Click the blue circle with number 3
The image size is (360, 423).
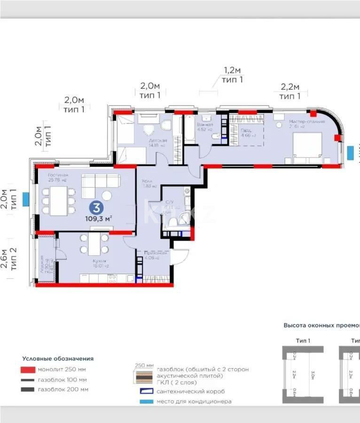pyautogui.click(x=96, y=207)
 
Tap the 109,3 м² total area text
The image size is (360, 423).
pyautogui.click(x=98, y=218)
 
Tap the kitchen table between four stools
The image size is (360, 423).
pyautogui.click(x=94, y=244)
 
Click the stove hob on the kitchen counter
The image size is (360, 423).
pyautogui.click(x=112, y=278)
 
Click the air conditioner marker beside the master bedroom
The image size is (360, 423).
pyautogui.click(x=350, y=152)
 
